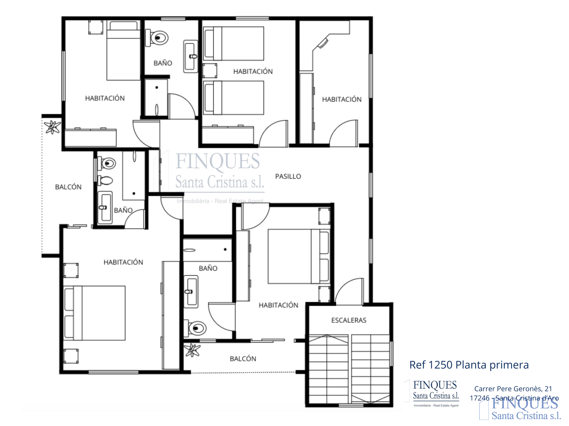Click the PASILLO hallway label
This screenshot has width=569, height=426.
pyautogui.click(x=288, y=176)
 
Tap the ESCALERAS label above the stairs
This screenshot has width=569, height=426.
pyautogui.click(x=349, y=320)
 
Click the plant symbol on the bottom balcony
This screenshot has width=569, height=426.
pyautogui.click(x=192, y=350)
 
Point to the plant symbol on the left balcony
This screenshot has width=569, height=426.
pyautogui.click(x=52, y=127)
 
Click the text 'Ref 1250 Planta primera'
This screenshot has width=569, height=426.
pyautogui.click(x=469, y=365)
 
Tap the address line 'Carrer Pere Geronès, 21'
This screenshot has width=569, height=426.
pyautogui.click(x=513, y=389)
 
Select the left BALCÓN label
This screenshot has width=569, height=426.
pyautogui.click(x=68, y=187)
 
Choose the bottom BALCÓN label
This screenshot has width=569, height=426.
pyautogui.click(x=243, y=358)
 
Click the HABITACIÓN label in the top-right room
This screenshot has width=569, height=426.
pyautogui.click(x=342, y=99)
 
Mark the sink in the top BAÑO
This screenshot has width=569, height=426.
pyautogui.click(x=190, y=56)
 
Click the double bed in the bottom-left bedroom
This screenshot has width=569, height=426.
pyautogui.click(x=94, y=313)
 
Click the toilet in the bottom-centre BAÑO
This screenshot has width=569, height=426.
pyautogui.click(x=196, y=328)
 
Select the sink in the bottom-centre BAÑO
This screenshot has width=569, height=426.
pyautogui.click(x=191, y=292)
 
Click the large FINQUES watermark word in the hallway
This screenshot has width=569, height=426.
pyautogui.click(x=218, y=161)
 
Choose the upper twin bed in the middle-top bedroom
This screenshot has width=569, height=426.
pyautogui.click(x=234, y=44)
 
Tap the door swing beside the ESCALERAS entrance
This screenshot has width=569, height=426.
pyautogui.click(x=349, y=291)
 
